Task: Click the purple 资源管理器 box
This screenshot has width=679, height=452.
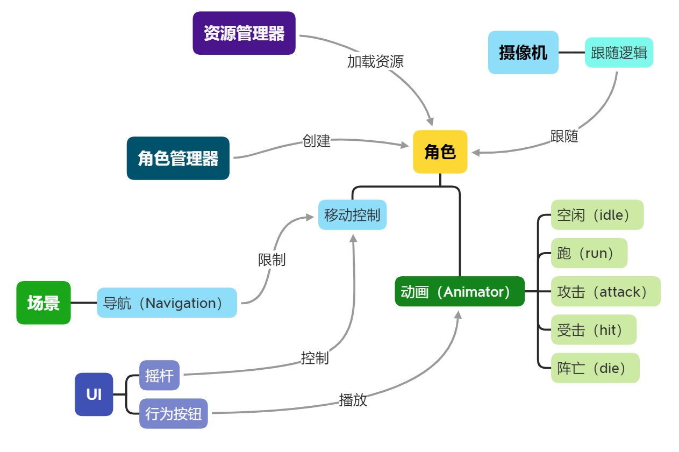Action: pos(244,33)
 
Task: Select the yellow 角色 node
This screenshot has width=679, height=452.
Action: pos(440,152)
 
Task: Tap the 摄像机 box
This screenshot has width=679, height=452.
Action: pos(523,53)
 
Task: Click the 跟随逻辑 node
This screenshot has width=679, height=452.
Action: pos(619,53)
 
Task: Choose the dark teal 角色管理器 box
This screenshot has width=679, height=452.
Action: pos(178,159)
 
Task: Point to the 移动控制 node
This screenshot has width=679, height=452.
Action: pos(352,215)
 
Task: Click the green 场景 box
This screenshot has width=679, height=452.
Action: pos(44,303)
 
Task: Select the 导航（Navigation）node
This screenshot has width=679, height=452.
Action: pos(167,303)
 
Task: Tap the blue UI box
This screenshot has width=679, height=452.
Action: pos(94,394)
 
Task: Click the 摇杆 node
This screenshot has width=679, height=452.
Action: pos(159,375)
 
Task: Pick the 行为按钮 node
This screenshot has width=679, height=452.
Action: pos(173,413)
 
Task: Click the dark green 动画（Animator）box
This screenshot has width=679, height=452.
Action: pos(459,292)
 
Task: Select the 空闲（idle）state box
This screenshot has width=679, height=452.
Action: pos(597,215)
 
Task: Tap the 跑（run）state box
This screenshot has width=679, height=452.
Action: pos(589,253)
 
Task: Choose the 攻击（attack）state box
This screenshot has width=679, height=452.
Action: pos(605,292)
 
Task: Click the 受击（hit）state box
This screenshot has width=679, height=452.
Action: pos(594,330)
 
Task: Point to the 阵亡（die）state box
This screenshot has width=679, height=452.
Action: pos(595,368)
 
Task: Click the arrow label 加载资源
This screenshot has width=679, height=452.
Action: pos(375,62)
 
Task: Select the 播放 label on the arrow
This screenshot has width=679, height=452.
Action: pos(353,400)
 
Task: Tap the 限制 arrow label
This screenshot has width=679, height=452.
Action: pos(271,260)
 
